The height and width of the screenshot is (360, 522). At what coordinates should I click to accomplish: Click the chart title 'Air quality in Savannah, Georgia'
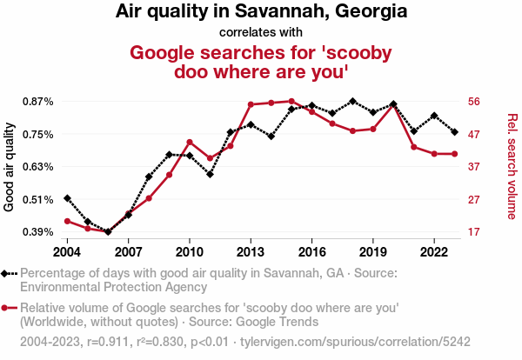[x=261, y=12]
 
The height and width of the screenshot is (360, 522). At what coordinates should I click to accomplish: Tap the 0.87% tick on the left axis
[x=37, y=102]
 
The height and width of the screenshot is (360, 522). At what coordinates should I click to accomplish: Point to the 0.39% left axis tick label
[x=37, y=232]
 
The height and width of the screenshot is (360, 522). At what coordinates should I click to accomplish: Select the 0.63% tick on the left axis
[x=37, y=167]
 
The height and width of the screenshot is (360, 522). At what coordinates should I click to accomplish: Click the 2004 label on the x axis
[x=67, y=252]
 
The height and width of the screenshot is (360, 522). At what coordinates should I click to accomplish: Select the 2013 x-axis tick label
[x=251, y=252]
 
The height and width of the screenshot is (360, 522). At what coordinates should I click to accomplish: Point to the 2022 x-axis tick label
[x=434, y=252]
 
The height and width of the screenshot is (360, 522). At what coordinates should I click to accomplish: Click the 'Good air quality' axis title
[x=10, y=167]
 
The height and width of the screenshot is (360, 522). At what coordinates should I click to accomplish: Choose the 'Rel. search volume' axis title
[x=512, y=167]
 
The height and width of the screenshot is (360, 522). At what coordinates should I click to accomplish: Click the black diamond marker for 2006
[x=108, y=232]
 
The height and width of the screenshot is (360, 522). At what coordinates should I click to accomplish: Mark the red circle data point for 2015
[x=291, y=102]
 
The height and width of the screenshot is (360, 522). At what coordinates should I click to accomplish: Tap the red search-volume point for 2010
[x=190, y=142]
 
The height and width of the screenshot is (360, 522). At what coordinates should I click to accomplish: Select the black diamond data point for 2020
[x=393, y=104]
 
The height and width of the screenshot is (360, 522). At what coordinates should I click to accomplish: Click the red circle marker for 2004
[x=67, y=221]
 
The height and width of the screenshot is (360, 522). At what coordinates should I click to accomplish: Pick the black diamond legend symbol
[x=8, y=273]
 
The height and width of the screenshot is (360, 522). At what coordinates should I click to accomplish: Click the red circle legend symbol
[x=8, y=308]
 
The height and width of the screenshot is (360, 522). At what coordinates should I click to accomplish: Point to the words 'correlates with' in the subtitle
[x=261, y=31]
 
